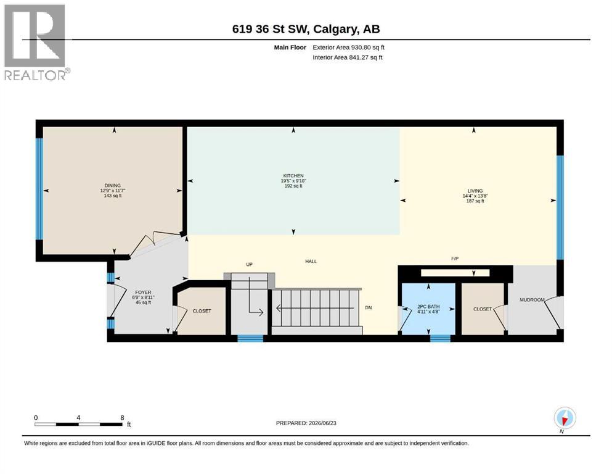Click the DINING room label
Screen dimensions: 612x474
[x=112, y=185]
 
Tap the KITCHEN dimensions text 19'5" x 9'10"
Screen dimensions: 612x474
[x=293, y=181]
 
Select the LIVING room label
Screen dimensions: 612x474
[x=475, y=191]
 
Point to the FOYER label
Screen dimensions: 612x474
[x=143, y=293]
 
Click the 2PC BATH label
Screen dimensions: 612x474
[x=428, y=307]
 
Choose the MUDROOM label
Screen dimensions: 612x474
[x=532, y=300]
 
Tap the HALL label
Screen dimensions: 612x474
[x=311, y=261]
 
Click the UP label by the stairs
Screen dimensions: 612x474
[x=250, y=265]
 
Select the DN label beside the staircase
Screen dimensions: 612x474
[x=369, y=307]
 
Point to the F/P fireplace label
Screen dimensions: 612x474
[x=455, y=259]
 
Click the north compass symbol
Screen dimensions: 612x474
[x=565, y=418]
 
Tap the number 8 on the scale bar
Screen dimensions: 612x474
[x=122, y=417]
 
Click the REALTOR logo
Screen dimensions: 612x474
[x=35, y=42]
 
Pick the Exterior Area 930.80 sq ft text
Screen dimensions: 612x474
[x=349, y=48]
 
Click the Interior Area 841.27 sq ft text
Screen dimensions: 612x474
[x=348, y=57]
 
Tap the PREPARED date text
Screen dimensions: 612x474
[x=306, y=423]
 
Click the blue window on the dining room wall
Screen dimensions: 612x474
[x=39, y=189]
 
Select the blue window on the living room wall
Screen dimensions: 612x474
[x=560, y=207]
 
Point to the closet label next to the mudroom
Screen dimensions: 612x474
[x=483, y=309]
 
